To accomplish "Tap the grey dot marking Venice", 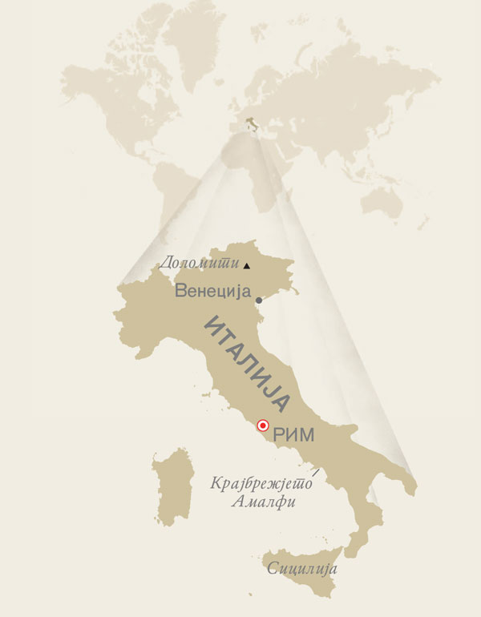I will point(258,300).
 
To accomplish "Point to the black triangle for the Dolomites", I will point(247,265).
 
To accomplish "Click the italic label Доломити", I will point(199,262).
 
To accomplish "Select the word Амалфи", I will point(263,502).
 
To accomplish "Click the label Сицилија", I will point(302,569).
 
